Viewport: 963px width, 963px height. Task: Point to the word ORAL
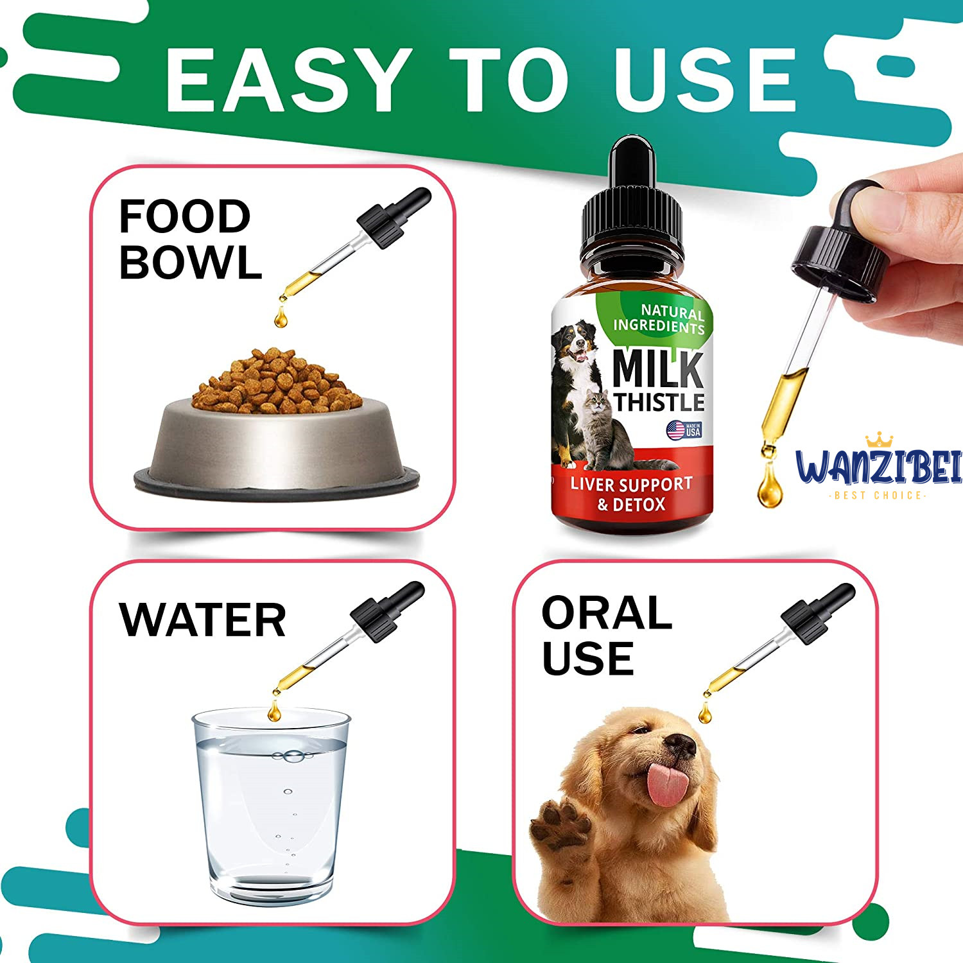(607, 612)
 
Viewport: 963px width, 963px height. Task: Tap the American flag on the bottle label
(676, 430)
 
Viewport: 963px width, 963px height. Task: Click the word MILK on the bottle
(658, 369)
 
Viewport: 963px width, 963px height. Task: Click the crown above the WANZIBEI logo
(880, 441)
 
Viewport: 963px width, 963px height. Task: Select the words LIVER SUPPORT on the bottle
(632, 484)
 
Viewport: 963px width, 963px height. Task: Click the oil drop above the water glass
(274, 710)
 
